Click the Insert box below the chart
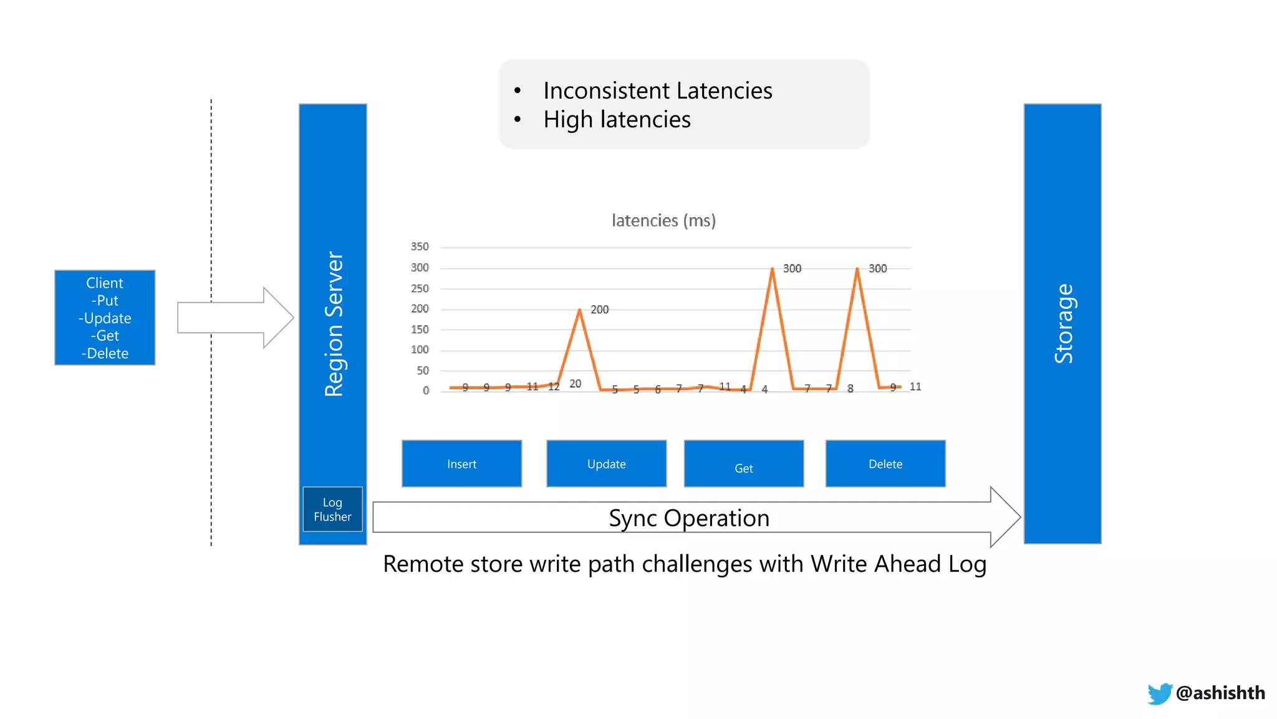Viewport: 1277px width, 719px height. point(461,464)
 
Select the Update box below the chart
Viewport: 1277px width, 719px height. point(606,464)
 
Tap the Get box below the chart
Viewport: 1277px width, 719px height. point(743,464)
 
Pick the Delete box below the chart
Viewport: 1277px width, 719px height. point(885,464)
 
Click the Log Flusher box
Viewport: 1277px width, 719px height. point(332,509)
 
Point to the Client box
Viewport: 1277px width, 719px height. point(105,318)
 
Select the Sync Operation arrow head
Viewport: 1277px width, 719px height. point(1005,517)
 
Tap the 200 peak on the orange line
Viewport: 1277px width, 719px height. point(580,310)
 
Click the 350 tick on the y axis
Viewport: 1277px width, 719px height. point(420,247)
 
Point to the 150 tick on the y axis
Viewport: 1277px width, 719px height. point(420,330)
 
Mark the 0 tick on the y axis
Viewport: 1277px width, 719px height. point(426,391)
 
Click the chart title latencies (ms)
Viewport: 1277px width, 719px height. point(663,220)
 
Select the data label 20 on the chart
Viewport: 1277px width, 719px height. point(575,384)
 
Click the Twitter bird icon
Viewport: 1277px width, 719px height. point(1159,693)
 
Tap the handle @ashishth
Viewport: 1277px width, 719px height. point(1220,693)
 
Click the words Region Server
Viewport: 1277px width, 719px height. point(334,324)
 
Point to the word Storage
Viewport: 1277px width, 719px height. point(1063,324)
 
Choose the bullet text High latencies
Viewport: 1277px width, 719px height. point(617,119)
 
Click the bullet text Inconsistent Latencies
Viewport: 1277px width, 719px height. point(657,90)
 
